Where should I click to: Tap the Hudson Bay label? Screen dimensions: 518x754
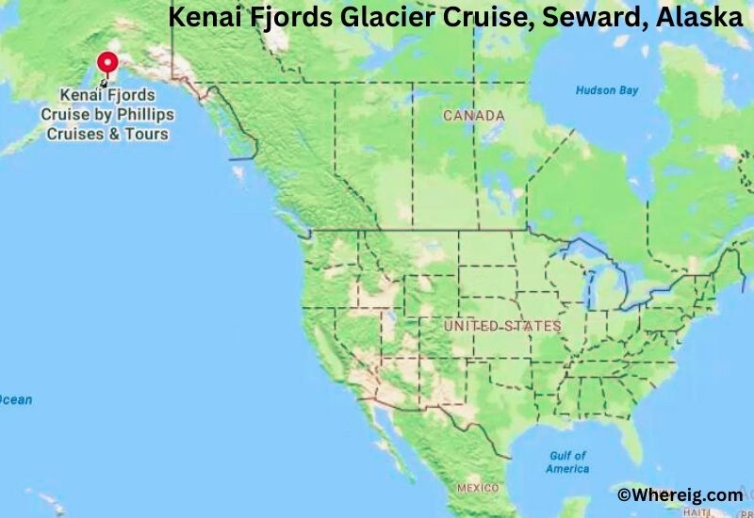tap(607, 90)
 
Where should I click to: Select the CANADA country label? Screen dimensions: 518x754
tap(473, 116)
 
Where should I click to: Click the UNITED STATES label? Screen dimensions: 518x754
tap(502, 326)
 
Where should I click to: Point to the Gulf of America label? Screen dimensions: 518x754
tap(567, 461)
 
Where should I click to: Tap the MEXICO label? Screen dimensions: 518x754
tap(478, 488)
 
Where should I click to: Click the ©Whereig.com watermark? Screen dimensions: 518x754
tap(680, 494)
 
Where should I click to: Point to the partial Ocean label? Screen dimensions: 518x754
tap(15, 399)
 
